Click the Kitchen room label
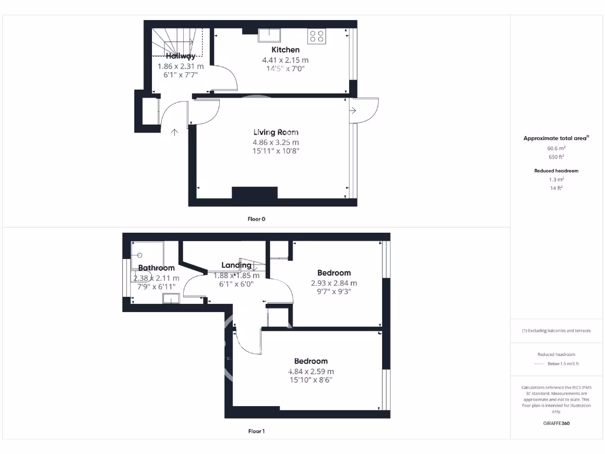285,50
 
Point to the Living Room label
276,132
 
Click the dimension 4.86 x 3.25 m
276,142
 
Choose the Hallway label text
180,56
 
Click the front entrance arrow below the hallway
175,132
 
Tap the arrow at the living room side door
352,111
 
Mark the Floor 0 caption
256,219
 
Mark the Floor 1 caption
256,431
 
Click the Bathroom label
157,268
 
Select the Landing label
236,265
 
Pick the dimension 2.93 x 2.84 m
334,283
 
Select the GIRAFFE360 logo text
557,423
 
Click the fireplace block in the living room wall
255,193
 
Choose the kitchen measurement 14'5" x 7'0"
285,69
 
